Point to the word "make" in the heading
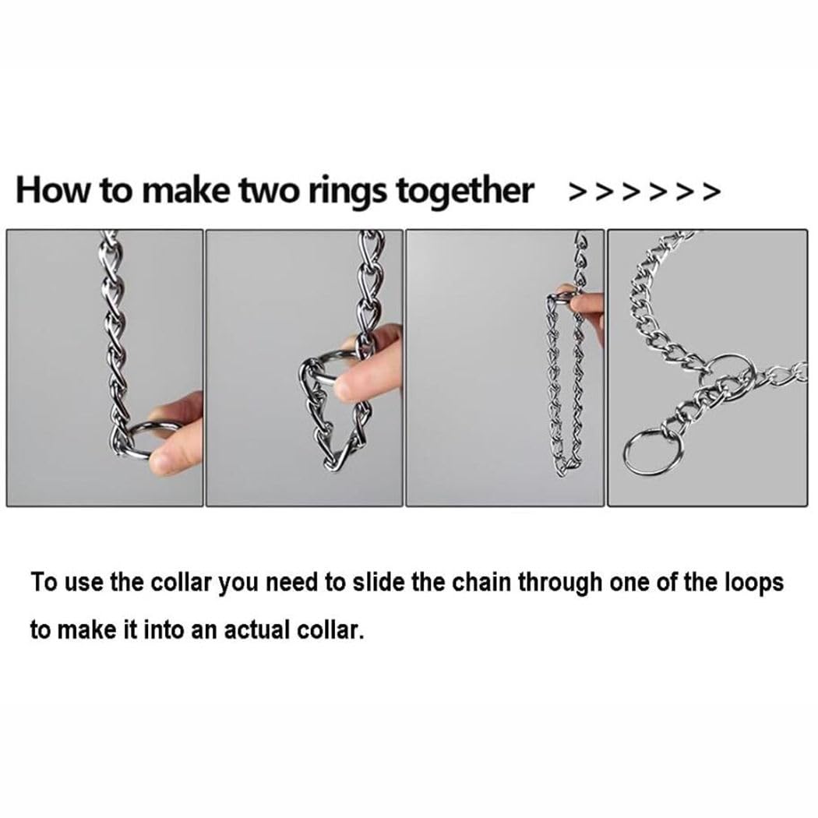185,190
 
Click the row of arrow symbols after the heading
645,192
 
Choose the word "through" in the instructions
560,584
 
